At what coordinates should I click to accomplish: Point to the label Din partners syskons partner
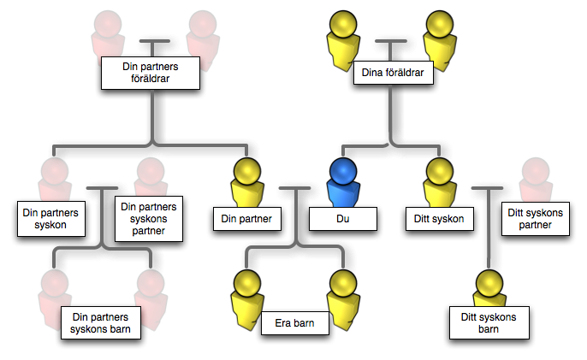coord(150,220)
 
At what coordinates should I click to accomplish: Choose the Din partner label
coord(246,219)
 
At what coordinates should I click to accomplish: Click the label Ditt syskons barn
coord(486,324)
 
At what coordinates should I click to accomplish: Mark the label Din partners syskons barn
coord(102,324)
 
